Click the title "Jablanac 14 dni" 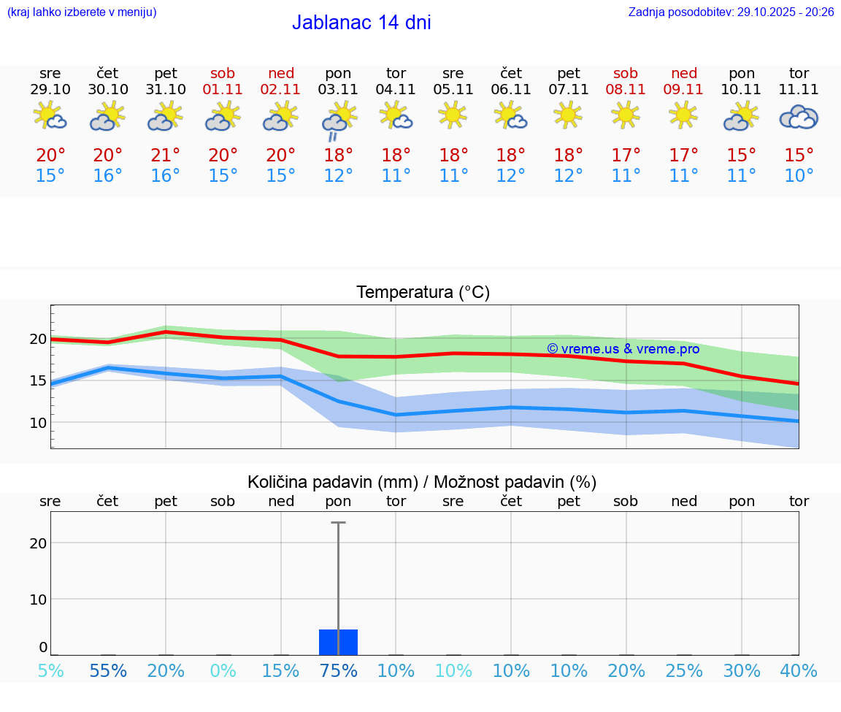point(361,23)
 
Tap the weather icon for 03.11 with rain point(338,119)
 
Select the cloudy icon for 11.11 point(799,117)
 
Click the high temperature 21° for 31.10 point(166,156)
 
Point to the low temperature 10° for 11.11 point(799,176)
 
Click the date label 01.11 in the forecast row point(223,89)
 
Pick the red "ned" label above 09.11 point(684,73)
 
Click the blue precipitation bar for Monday point(338,642)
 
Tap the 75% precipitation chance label point(338,671)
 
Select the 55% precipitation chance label point(108,671)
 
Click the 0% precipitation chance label point(223,671)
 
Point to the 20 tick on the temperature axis point(38,339)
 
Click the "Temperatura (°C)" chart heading point(423,293)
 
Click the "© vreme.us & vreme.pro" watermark point(623,349)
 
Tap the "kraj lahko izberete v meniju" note point(82,12)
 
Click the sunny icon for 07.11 point(568,115)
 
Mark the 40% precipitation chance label point(799,671)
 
